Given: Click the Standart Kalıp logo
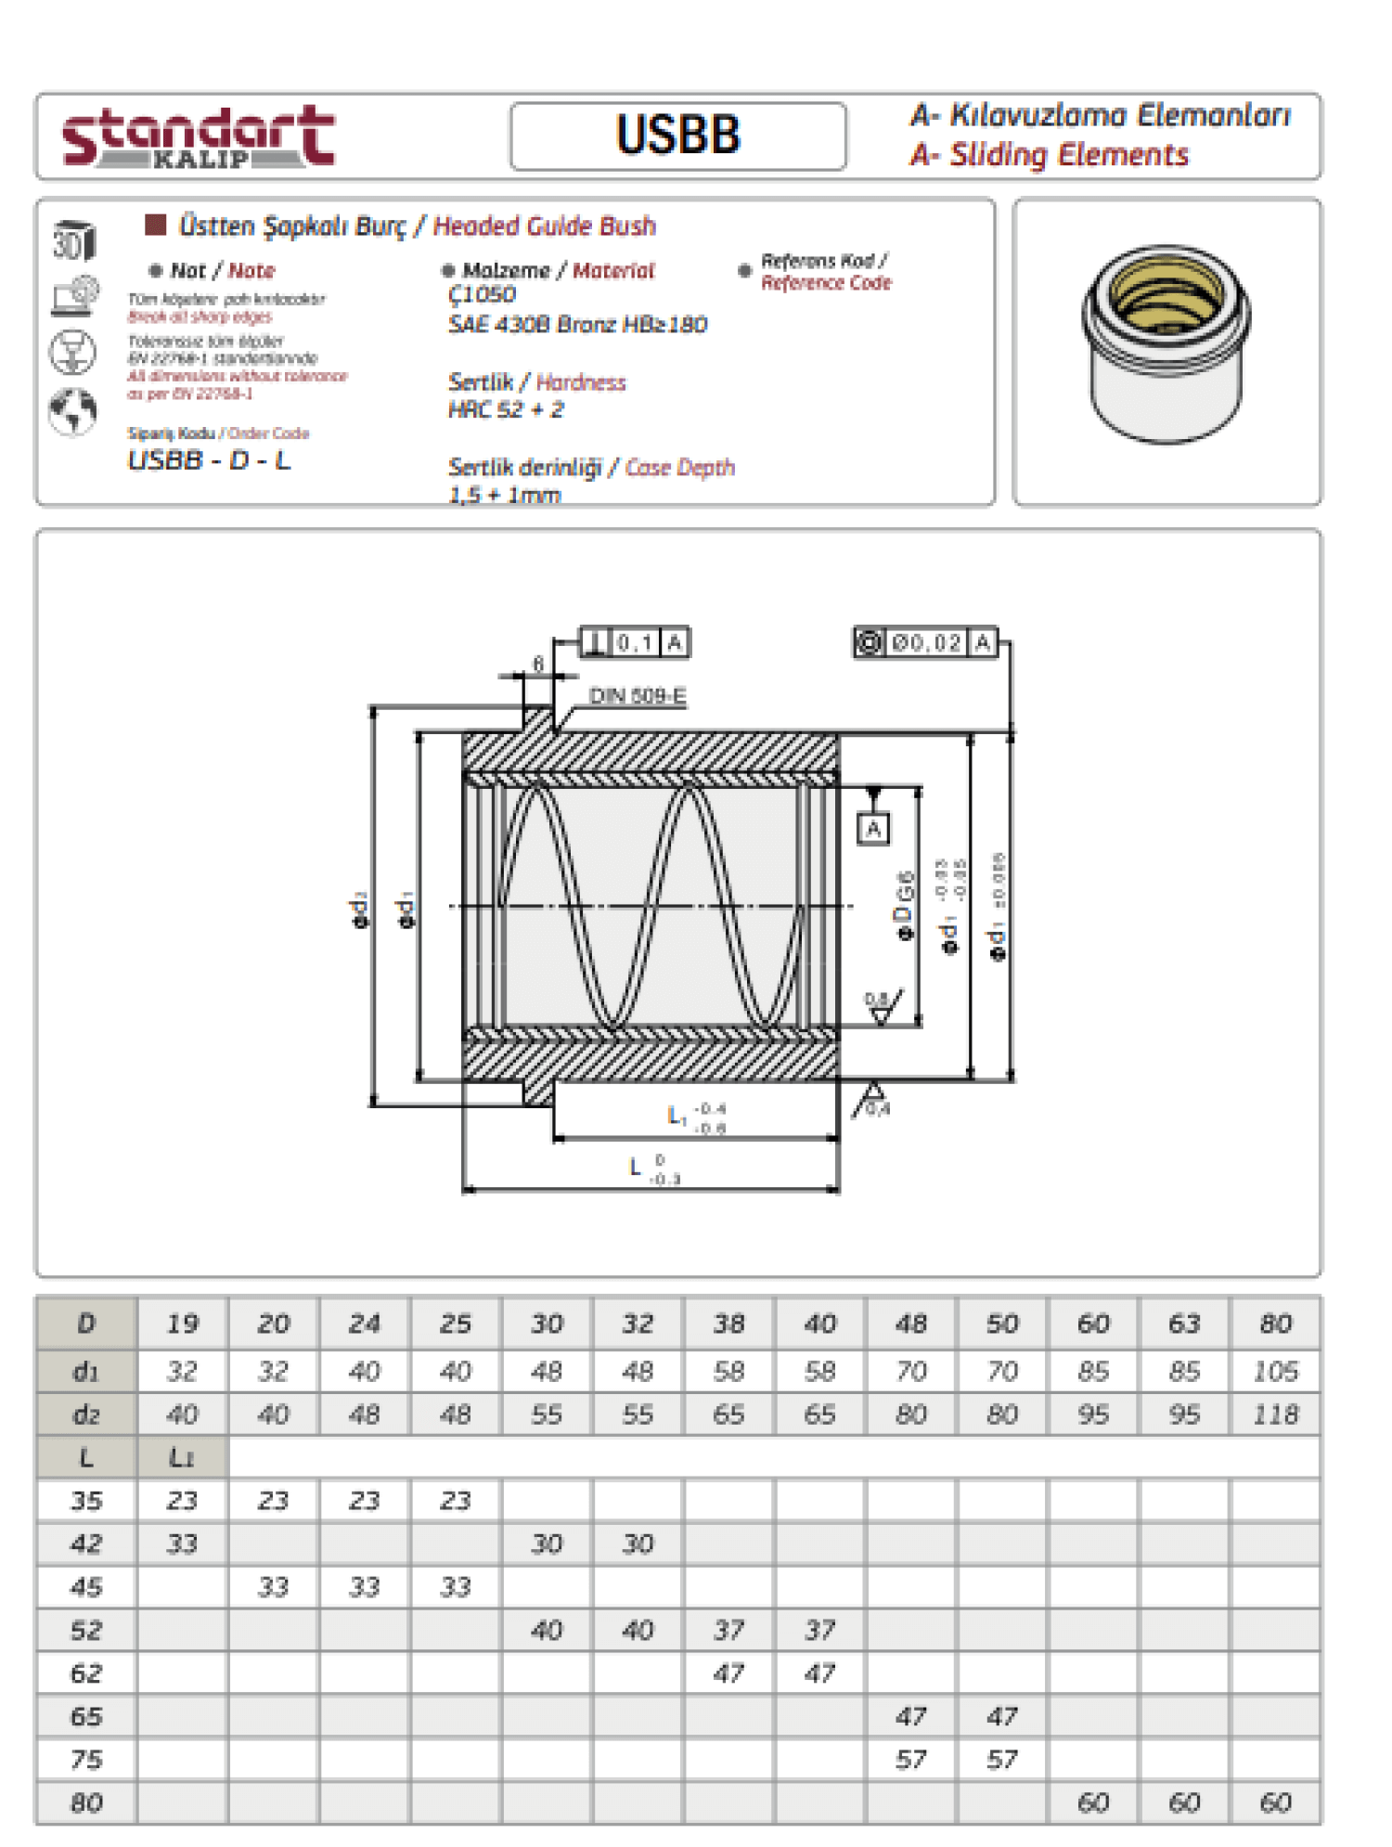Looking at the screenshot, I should [x=198, y=137].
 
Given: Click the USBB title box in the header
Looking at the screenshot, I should [x=677, y=136].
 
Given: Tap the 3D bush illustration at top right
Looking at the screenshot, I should [x=1166, y=344].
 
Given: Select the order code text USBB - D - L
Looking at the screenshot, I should [x=209, y=460].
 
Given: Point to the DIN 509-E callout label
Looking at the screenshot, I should [x=638, y=696].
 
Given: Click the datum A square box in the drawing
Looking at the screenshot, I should [x=873, y=828].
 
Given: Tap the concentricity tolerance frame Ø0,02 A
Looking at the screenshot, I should [x=925, y=642].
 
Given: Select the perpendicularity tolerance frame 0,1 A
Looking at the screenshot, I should [x=636, y=642].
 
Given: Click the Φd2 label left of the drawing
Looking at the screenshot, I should [x=359, y=911].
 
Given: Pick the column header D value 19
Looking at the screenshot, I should [x=183, y=1324].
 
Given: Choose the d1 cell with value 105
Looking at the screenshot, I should [x=1275, y=1371].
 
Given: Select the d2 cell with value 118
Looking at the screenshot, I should [x=1275, y=1414].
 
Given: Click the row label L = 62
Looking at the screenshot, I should [x=86, y=1673].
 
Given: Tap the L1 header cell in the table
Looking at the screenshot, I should [x=182, y=1457].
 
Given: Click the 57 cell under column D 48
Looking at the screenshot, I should [x=910, y=1760].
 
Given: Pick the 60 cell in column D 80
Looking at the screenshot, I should [x=1275, y=1802].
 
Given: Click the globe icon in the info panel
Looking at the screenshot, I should [x=72, y=411].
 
